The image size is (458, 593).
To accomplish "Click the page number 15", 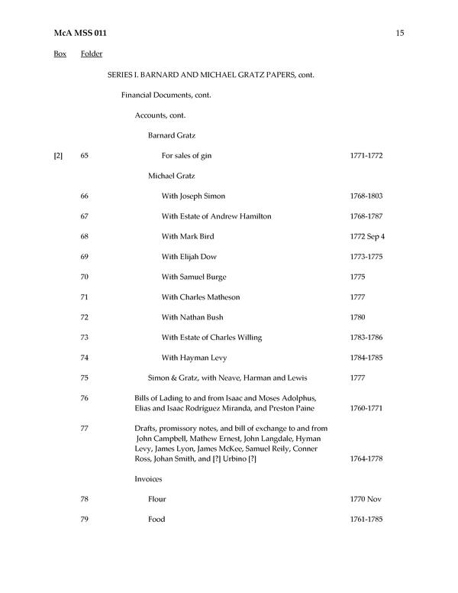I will click(x=400, y=32).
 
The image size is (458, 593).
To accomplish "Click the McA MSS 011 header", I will click(x=76, y=32).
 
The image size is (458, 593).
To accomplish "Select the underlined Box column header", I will click(x=60, y=54).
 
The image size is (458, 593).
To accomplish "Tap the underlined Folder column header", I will click(x=92, y=54).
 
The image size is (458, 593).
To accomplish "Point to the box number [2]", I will click(x=58, y=156).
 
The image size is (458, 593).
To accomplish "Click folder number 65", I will click(x=84, y=156).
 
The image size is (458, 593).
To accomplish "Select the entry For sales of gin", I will click(x=186, y=156).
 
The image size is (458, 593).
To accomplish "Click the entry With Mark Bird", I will click(x=188, y=236).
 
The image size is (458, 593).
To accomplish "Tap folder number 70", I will click(x=84, y=277).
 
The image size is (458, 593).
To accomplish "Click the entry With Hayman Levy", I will click(x=194, y=357).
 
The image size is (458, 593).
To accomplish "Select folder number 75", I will click(x=84, y=378).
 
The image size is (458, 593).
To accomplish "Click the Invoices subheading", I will click(x=148, y=479).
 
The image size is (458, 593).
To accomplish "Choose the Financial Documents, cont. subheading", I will click(x=166, y=96).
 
